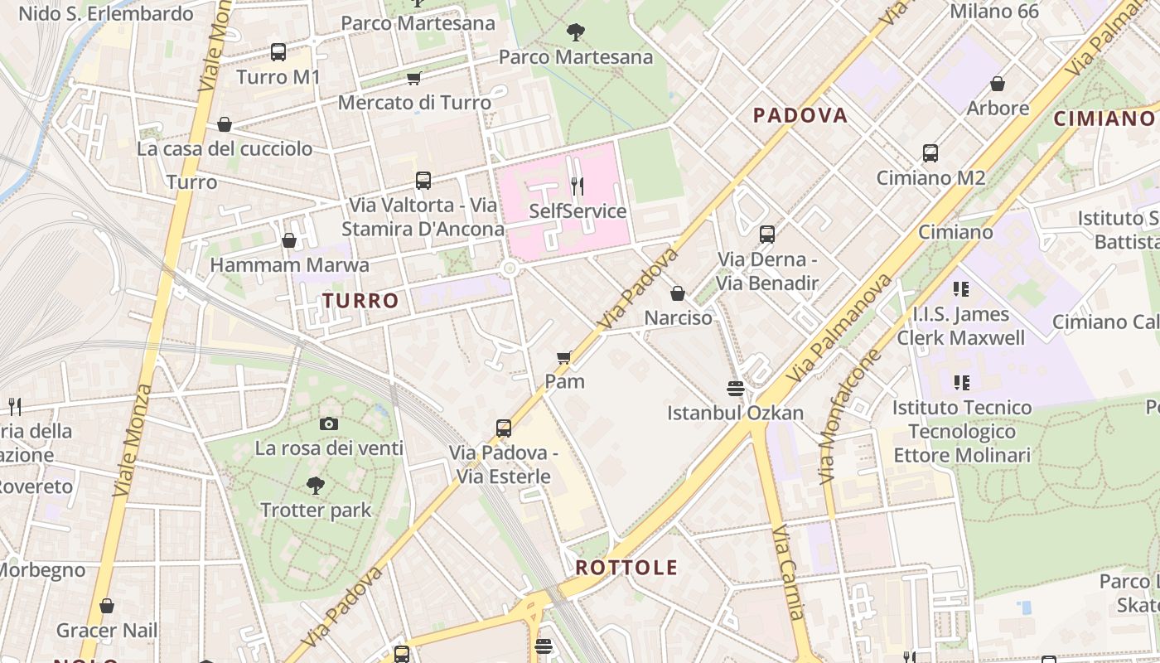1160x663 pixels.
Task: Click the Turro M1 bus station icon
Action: tap(278, 52)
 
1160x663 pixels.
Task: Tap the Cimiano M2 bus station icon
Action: tap(930, 153)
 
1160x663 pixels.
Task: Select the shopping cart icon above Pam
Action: tap(564, 357)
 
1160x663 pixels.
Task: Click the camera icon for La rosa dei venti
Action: tap(329, 424)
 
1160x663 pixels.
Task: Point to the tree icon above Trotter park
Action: tap(315, 485)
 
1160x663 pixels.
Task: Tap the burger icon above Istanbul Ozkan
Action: tap(735, 388)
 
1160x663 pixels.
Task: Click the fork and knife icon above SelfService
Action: tap(578, 186)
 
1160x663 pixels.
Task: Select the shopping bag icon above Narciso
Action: tap(678, 293)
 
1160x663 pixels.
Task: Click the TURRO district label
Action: tap(360, 301)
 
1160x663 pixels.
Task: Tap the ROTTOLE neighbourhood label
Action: tap(626, 568)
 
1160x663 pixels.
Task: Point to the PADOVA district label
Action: tap(800, 115)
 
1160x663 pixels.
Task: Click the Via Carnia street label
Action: tap(788, 572)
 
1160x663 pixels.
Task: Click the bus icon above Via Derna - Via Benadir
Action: tap(767, 235)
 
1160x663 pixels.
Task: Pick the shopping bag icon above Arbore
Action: tap(998, 84)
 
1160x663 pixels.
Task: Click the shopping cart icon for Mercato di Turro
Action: tap(413, 78)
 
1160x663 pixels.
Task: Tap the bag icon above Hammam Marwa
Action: tap(289, 240)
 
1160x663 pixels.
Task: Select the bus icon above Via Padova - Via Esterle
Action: tap(504, 428)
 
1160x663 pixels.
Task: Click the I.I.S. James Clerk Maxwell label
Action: tap(960, 326)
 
